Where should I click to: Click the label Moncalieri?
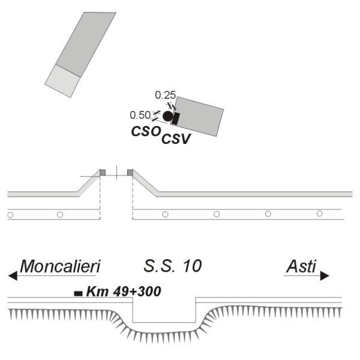[61, 266]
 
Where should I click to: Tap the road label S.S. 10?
[173, 266]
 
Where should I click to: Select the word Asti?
[301, 266]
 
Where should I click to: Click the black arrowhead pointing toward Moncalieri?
[13, 276]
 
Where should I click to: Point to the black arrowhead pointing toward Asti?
[325, 276]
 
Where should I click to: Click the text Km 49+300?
[124, 292]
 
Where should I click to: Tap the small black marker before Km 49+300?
[78, 293]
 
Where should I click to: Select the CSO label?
[146, 131]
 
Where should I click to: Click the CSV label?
[176, 139]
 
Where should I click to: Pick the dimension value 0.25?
[166, 95]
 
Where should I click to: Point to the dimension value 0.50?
[140, 115]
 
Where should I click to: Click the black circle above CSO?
[168, 116]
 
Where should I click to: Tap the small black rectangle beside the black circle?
[176, 119]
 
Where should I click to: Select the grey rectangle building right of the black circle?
[197, 116]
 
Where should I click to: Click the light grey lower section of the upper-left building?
[62, 81]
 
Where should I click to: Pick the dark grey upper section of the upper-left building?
[86, 44]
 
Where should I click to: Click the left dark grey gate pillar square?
[103, 172]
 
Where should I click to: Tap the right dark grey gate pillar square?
[130, 172]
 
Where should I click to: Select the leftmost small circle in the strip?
[10, 215]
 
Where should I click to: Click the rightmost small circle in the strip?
[319, 214]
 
